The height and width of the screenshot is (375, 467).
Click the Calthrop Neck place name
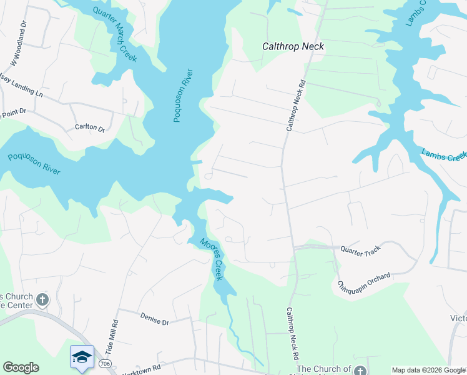(293, 46)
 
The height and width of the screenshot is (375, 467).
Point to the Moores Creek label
(211, 259)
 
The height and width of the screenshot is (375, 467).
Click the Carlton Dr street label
(90, 127)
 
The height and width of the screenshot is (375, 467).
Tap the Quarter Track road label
(360, 249)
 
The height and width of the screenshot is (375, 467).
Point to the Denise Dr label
(155, 321)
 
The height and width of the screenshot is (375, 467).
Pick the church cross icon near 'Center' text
(42, 299)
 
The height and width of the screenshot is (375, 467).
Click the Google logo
(21, 367)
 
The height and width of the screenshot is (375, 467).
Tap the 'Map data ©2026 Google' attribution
(428, 370)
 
